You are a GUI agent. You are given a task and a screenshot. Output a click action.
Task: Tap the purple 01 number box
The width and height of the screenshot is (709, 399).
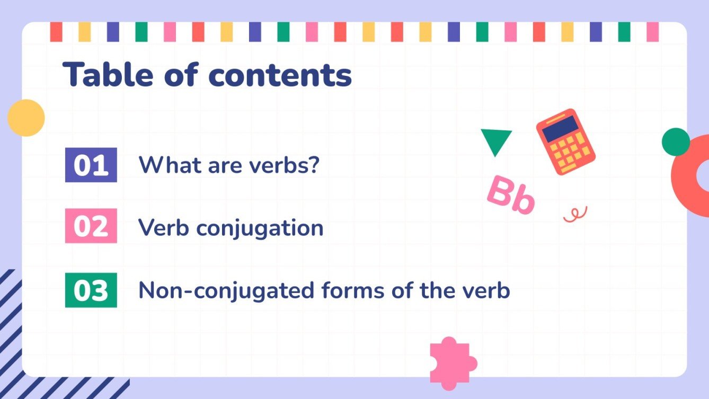coord(91,165)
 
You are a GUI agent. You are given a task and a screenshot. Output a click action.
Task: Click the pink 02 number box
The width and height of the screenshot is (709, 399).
coord(91,226)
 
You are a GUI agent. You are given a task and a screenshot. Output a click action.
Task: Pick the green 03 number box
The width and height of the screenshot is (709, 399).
coord(91,290)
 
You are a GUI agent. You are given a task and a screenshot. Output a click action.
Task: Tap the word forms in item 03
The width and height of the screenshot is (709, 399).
coord(350,290)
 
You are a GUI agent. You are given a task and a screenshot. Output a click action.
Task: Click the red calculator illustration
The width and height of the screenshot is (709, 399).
coord(565,141)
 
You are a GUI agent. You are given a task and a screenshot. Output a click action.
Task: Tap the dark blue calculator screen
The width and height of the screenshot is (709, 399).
coord(561,128)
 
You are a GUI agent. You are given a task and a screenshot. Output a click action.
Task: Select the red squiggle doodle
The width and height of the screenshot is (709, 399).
coord(575,214)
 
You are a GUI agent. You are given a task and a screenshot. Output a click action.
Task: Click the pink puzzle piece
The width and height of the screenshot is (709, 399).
coord(451,360)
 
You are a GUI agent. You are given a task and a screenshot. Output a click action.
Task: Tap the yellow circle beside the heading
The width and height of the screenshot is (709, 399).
coord(26,118)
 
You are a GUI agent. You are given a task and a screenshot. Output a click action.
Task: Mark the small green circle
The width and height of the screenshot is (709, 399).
coord(676,141)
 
